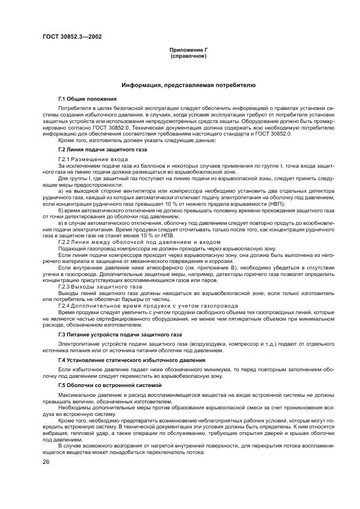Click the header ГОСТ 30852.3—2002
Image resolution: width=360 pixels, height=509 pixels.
72,37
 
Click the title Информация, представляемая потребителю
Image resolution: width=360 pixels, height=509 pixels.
188,85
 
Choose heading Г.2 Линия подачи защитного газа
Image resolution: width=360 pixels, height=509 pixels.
102,149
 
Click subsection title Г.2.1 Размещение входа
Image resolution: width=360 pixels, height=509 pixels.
93,158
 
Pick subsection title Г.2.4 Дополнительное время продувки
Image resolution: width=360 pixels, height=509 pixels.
137,305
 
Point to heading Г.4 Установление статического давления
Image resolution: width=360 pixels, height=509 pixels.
131,360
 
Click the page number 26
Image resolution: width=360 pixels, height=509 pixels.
46,462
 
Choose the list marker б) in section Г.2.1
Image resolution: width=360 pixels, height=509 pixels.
61,210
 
